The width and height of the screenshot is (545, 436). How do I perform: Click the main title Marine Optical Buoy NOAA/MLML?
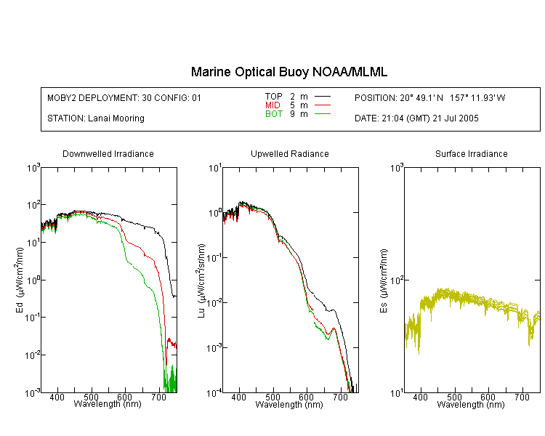pos(288,72)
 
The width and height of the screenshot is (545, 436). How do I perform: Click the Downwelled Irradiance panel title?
pos(108,153)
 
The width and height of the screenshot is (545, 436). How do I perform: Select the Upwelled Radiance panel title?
pos(290,153)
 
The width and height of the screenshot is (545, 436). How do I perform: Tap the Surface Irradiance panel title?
pos(472,153)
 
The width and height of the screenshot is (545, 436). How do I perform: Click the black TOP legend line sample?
pos(323,97)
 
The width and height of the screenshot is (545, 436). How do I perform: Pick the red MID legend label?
pos(272,105)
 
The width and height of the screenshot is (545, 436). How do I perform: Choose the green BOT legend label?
pos(274,114)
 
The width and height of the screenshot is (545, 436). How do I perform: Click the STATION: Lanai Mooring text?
pos(96,118)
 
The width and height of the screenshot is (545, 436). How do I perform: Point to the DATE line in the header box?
pos(416,118)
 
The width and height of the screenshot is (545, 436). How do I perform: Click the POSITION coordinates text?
pos(430,98)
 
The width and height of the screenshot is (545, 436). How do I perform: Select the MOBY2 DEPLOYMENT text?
pos(124,98)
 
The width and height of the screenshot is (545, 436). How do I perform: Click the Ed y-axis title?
pos(20,280)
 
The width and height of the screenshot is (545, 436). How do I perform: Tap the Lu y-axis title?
pos(201,280)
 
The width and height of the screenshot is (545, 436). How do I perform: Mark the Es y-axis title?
pos(384,280)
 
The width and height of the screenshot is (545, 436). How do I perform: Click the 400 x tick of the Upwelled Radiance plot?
pos(239,397)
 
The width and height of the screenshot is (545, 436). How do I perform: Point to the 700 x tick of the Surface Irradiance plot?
pos(522,397)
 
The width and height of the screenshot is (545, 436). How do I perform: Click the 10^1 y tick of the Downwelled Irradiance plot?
pos(33,242)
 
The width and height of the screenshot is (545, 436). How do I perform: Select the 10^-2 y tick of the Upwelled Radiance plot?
pos(214,302)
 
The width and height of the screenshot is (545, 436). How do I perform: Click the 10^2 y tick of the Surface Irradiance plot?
pos(397,280)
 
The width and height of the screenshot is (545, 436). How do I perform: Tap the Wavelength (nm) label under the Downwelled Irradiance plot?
pos(108,404)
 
